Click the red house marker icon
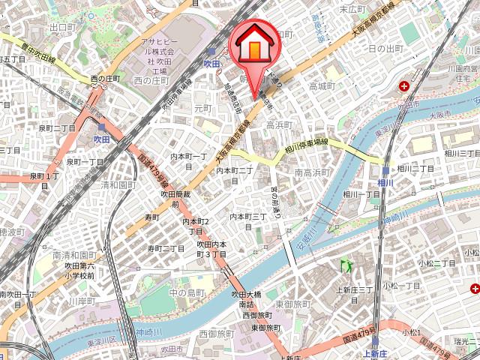[255, 44]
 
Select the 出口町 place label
[62, 26]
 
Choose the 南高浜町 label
[313, 173]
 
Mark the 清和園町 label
[118, 184]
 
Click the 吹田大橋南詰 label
[247, 300]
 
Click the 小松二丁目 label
[437, 263]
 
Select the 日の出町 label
[386, 49]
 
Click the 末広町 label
[352, 9]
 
